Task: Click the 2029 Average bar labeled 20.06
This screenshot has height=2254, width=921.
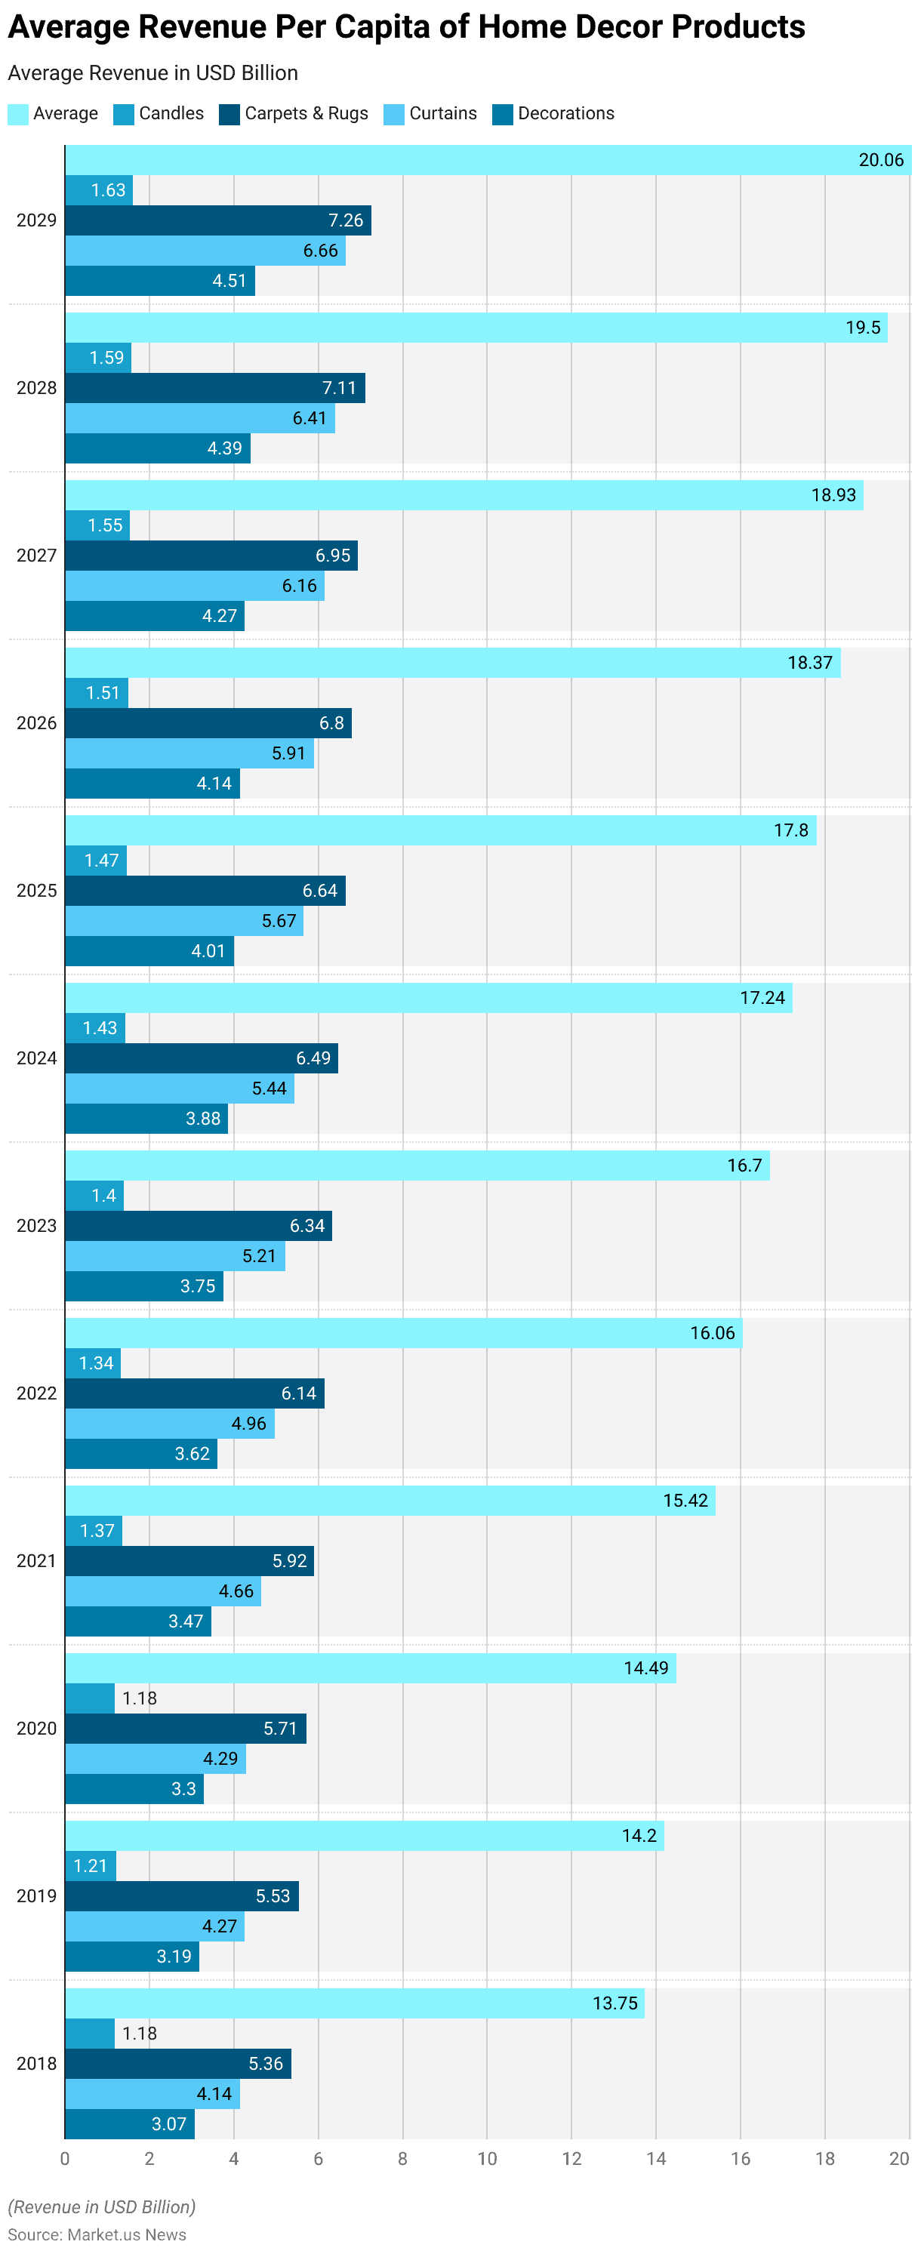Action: [x=488, y=160]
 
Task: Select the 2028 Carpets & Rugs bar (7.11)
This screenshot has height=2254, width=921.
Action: [x=214, y=388]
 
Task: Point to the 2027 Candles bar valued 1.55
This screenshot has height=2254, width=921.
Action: [x=97, y=525]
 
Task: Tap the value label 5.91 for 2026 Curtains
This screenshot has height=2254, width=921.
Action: [x=288, y=753]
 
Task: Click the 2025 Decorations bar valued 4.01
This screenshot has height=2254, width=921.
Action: [x=149, y=951]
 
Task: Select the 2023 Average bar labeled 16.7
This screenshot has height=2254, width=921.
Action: [x=417, y=1165]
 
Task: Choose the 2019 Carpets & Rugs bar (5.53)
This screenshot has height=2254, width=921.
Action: [x=181, y=1896]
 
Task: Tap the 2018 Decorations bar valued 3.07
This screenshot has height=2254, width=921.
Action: [x=130, y=2123]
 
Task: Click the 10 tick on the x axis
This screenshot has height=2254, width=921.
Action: [x=487, y=2159]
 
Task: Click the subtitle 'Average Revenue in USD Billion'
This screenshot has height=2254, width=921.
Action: [x=152, y=72]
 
